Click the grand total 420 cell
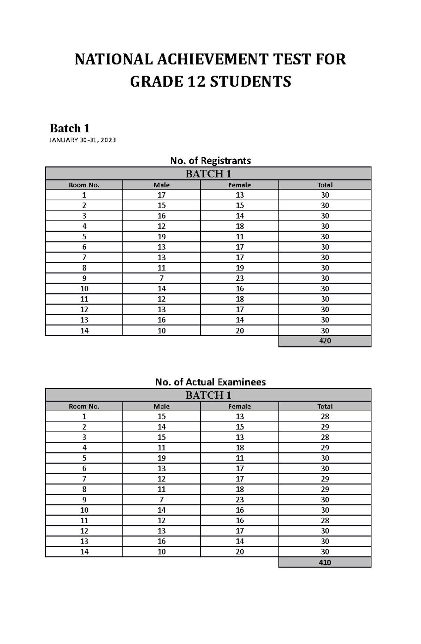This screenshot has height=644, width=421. pos(325,341)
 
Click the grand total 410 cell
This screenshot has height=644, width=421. pos(325,562)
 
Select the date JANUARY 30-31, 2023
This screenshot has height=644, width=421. pos(82,140)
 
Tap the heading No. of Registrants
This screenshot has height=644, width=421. pos(210,161)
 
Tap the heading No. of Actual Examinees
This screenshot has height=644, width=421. pos(210,382)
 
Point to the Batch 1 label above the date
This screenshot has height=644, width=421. pos(69,128)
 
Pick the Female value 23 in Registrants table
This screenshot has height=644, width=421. pos(240,278)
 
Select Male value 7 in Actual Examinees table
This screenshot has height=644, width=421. pos(161,499)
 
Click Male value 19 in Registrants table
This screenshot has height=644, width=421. pos(161,237)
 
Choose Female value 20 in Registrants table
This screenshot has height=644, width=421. pos(240,331)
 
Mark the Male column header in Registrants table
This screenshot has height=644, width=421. pos(161,185)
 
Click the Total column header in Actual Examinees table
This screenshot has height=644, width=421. pos(325,406)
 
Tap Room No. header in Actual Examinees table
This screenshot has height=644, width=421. pos(84,406)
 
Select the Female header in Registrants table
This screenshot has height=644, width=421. pos(240,185)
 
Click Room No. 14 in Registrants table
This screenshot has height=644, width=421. pos(84,331)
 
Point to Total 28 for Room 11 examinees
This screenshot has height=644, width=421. pos(325,520)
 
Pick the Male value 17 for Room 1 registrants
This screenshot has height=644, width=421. pos(161,195)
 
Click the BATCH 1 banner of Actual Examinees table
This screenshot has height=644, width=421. pos(208,395)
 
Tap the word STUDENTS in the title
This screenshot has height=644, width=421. pos(250,81)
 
